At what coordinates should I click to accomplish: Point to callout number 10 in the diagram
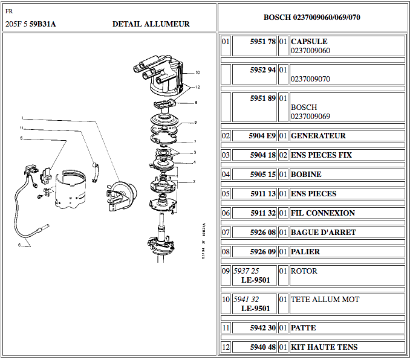(197, 72)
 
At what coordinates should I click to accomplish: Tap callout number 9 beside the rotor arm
(195, 102)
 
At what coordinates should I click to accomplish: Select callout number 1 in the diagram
(22, 117)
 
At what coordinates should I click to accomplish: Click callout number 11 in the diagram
(22, 128)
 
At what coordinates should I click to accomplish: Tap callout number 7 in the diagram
(195, 142)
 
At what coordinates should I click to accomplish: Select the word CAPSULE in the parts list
(309, 42)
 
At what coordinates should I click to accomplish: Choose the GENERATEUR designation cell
(318, 136)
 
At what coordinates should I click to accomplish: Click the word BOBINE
(306, 175)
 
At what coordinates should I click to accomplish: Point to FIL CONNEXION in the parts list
(322, 213)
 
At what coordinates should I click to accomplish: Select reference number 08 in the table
(226, 252)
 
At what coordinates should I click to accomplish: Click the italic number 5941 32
(246, 300)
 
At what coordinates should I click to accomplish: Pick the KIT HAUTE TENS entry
(324, 347)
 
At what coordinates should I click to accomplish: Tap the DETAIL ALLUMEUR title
(151, 24)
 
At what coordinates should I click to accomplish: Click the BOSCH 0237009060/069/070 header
(312, 17)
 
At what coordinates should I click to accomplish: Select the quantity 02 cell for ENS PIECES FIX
(282, 155)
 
